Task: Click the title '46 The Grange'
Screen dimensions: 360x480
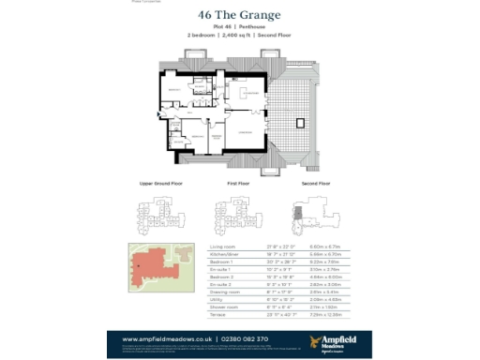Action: [239, 16]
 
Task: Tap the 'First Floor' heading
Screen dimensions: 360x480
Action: [240, 183]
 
